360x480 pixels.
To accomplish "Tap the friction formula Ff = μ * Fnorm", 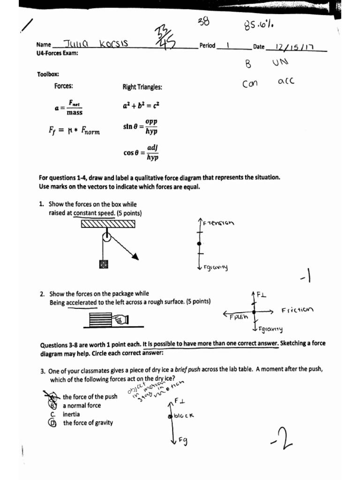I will (75, 130).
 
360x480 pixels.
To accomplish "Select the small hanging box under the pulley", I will (104, 265).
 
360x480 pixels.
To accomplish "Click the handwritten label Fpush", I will (238, 317).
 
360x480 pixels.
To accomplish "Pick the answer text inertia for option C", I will (71, 414).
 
